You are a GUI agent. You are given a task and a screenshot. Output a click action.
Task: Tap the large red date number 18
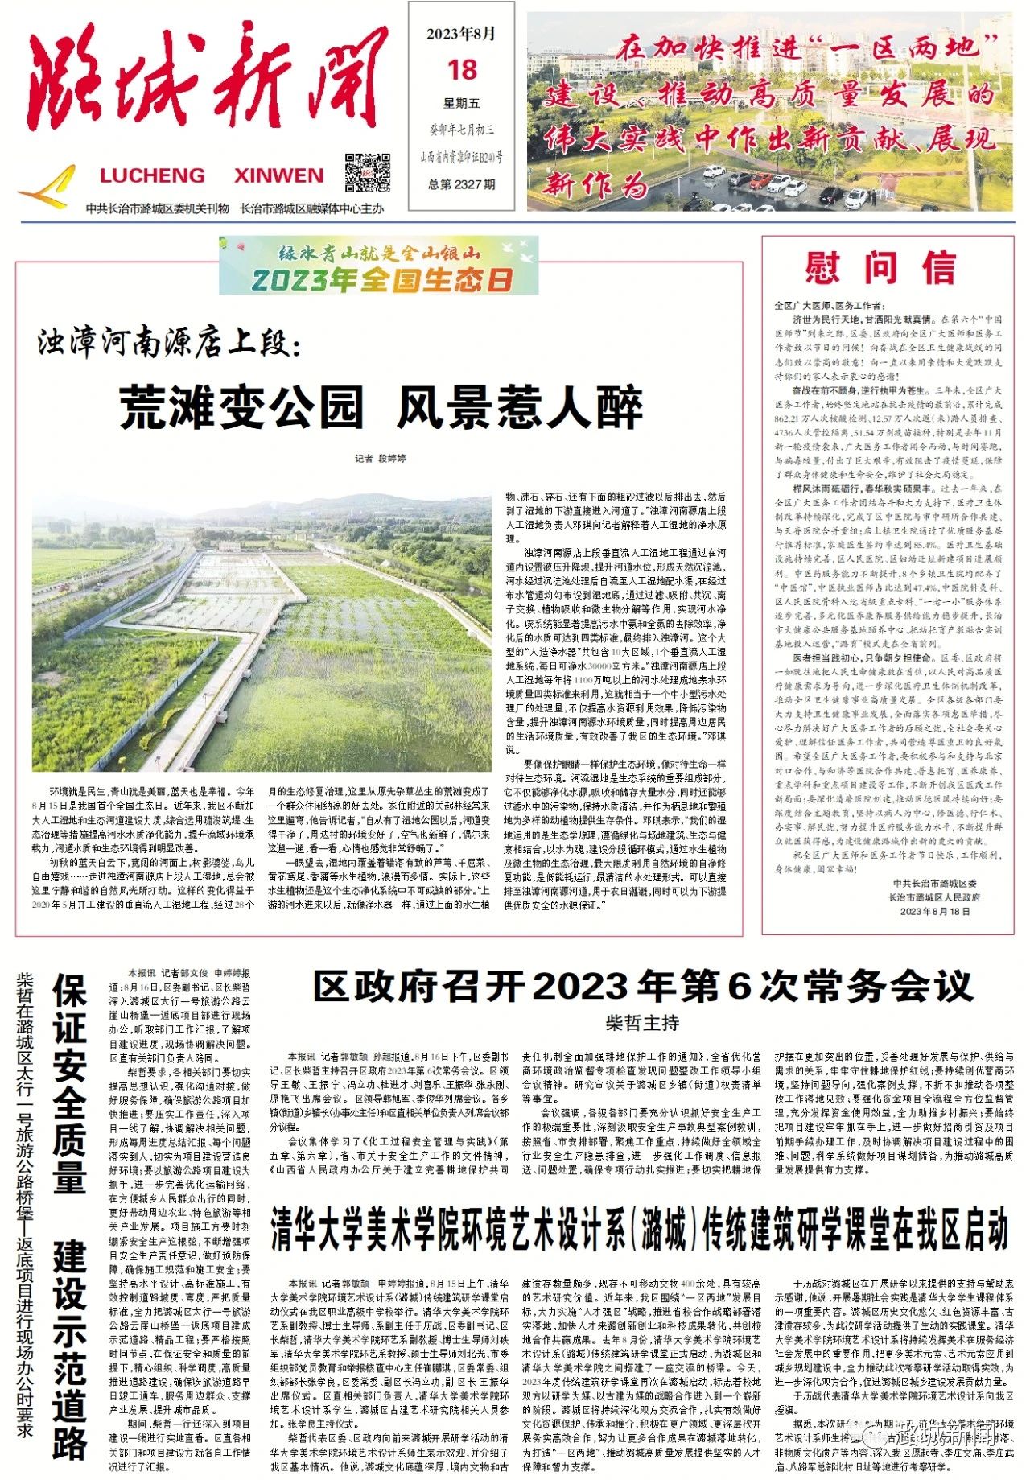463,70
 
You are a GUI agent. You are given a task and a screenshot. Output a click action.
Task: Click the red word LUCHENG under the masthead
152,175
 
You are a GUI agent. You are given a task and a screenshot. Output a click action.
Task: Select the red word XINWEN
278,175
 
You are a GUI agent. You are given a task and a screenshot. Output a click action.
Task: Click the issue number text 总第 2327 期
462,184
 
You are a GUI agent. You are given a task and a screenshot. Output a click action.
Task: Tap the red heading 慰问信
880,268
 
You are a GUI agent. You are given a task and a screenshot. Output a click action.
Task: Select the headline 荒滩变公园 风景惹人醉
381,407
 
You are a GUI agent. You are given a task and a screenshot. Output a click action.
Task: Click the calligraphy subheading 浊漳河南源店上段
169,344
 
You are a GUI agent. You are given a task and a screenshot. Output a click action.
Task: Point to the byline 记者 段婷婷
381,458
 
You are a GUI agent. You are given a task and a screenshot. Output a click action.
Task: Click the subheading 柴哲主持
642,1023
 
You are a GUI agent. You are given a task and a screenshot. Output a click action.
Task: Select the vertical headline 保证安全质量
70,1082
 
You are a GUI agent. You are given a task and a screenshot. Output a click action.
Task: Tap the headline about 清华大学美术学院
639,1229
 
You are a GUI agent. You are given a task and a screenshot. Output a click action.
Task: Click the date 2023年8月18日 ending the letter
935,911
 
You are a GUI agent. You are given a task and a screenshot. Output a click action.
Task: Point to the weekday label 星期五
462,103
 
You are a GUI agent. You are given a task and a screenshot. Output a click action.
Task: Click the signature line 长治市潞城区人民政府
934,897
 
